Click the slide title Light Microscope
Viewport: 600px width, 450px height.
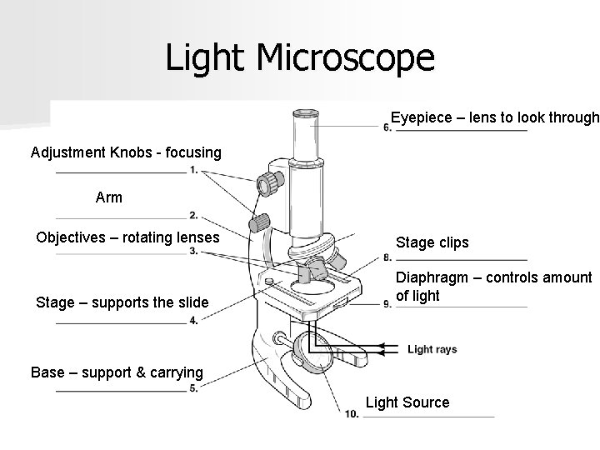(x=300, y=57)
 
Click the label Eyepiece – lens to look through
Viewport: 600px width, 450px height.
(x=495, y=117)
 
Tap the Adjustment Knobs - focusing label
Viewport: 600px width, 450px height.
(x=126, y=152)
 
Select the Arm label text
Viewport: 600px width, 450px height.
(x=109, y=197)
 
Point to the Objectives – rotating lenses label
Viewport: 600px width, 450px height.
(x=127, y=238)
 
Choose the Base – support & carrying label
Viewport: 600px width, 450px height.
(x=117, y=372)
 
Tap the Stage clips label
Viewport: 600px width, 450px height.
(x=432, y=243)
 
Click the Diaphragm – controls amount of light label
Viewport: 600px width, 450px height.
(x=493, y=287)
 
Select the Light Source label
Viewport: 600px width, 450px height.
(x=407, y=402)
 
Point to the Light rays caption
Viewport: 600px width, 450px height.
(x=432, y=350)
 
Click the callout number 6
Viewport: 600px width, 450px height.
(x=387, y=127)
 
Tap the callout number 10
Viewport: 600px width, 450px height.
(x=352, y=413)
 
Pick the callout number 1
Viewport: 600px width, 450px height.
(x=193, y=171)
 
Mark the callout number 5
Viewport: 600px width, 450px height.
(x=193, y=388)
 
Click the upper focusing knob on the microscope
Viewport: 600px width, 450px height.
(x=268, y=183)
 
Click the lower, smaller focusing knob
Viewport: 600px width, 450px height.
(x=260, y=222)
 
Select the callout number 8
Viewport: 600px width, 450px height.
(x=388, y=256)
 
